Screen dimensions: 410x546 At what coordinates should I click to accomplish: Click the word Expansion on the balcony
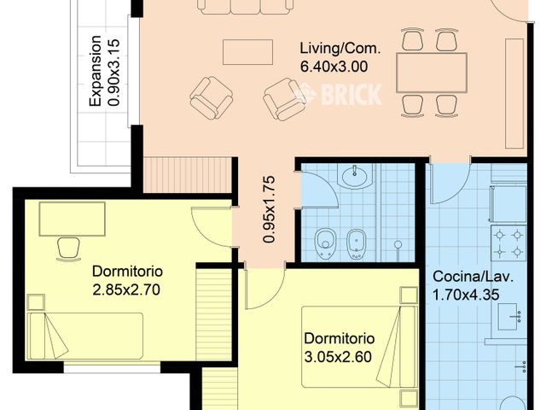pos(96,71)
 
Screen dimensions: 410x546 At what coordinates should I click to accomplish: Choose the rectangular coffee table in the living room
pos(247,52)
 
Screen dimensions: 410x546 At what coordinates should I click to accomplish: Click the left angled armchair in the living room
pos(211,97)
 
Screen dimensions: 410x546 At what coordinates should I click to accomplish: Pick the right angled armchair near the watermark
pos(284,99)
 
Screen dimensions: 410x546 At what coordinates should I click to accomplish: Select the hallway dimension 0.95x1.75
pos(270,210)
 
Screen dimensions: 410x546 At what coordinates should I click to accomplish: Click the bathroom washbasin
pos(354,178)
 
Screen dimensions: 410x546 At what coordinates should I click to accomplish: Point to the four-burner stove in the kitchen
pos(508,243)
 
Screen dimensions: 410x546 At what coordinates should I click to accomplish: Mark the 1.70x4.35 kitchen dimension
pos(467,295)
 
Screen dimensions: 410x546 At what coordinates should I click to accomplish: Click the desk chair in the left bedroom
pos(67,246)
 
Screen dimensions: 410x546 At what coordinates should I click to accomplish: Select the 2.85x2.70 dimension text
pos(127,289)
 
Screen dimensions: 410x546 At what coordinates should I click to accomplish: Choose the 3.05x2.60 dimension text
pos(338,356)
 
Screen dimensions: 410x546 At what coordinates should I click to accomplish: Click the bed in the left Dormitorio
pos(85,336)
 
